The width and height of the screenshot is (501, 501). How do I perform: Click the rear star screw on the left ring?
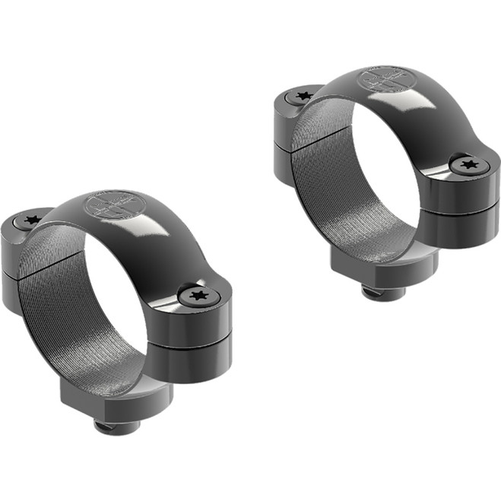point(31,220)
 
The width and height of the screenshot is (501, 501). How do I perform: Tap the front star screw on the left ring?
point(199,295)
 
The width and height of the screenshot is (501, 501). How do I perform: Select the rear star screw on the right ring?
point(303,96)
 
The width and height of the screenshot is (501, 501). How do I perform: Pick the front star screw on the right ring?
point(466,163)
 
